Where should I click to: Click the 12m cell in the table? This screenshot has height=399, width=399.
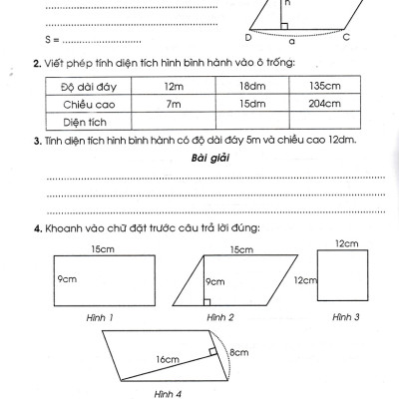(x=171, y=87)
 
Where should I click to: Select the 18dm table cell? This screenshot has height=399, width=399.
(x=249, y=87)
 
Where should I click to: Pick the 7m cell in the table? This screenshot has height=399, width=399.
(x=171, y=104)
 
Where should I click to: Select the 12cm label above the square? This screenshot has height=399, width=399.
(x=346, y=241)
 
